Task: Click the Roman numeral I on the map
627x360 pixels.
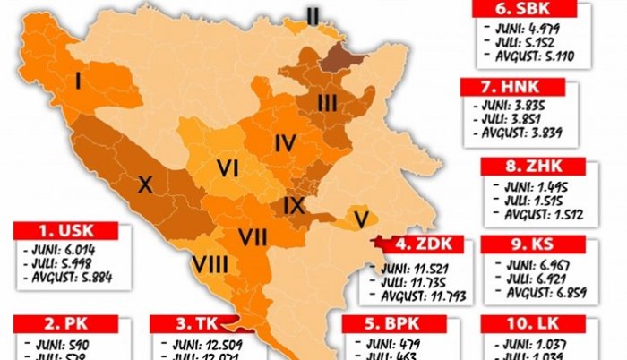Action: [x=79, y=82]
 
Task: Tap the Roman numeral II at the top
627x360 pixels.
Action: [x=313, y=14]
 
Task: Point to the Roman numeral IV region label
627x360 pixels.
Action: [x=285, y=142]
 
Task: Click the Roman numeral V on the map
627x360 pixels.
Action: [x=361, y=218]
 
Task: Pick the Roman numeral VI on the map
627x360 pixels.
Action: [x=228, y=167]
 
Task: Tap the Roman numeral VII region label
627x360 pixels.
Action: [x=253, y=237]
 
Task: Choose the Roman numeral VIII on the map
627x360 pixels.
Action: [x=210, y=266]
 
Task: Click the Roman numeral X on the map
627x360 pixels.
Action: [x=145, y=185]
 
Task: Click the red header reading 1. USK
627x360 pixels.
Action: [x=65, y=230]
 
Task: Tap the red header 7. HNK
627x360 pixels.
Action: [x=512, y=88]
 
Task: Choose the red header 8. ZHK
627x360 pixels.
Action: [x=532, y=166]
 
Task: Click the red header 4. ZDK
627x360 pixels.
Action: [x=416, y=244]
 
